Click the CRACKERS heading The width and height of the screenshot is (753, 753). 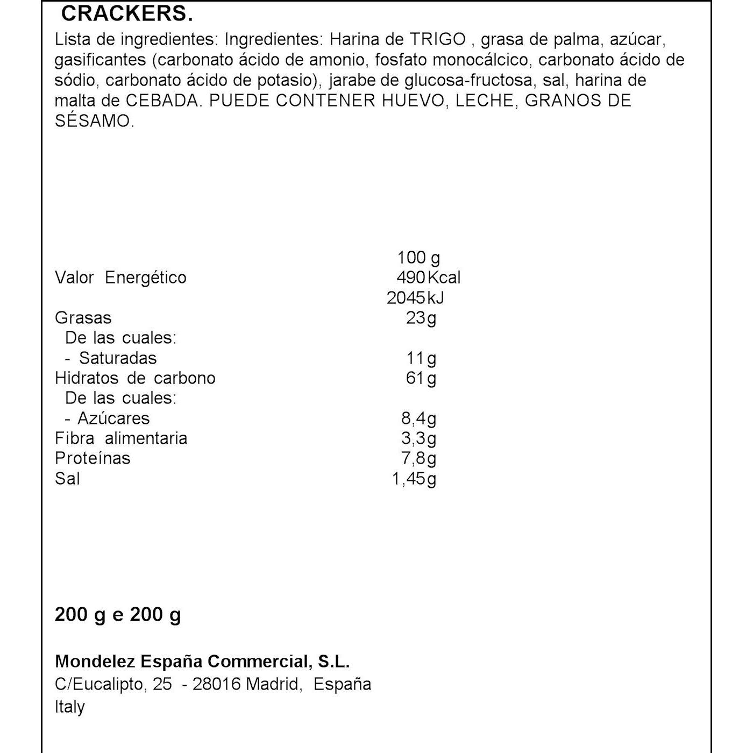pyautogui.click(x=127, y=15)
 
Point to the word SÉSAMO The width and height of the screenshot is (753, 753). pyautogui.click(x=94, y=121)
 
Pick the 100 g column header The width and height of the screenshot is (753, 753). pyautogui.click(x=418, y=258)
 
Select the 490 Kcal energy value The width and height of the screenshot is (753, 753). pyautogui.click(x=428, y=278)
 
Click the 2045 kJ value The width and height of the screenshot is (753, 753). pyautogui.click(x=415, y=297)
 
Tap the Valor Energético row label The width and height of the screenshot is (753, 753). pyautogui.click(x=120, y=278)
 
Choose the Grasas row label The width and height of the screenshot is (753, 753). pyautogui.click(x=83, y=318)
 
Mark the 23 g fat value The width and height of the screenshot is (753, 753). pyautogui.click(x=421, y=318)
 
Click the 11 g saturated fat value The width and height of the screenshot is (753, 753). pyautogui.click(x=421, y=358)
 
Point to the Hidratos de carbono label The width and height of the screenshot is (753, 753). pyautogui.click(x=135, y=378)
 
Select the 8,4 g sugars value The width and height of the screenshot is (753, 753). pyautogui.click(x=418, y=418)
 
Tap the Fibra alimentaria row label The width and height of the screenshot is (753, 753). pyautogui.click(x=121, y=438)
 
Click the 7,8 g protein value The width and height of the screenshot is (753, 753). pyautogui.click(x=418, y=458)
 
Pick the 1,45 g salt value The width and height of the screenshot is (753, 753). pyautogui.click(x=414, y=479)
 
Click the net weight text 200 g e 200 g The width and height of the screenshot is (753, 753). pyautogui.click(x=118, y=614)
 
